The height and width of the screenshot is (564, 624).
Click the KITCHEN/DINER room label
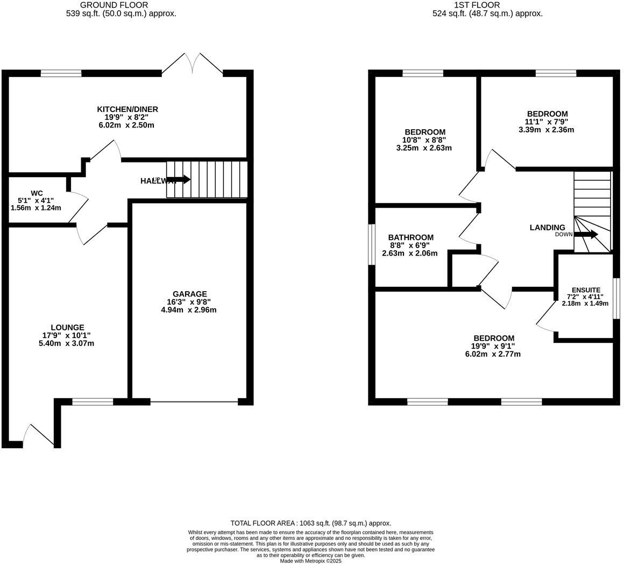[x=127, y=109]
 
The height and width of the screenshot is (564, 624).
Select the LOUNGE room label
[x=67, y=327]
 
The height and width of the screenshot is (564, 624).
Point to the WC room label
[x=37, y=193]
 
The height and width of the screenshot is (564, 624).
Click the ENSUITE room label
[x=586, y=290]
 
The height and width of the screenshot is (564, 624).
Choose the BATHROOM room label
[x=410, y=237]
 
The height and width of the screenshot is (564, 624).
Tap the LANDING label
[x=547, y=228]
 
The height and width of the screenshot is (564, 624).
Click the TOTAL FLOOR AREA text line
[x=310, y=523]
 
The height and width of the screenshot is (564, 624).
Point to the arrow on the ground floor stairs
[x=179, y=179]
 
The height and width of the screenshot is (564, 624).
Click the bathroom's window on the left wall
[x=371, y=245]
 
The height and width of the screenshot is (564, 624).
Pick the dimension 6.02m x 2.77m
[x=493, y=354]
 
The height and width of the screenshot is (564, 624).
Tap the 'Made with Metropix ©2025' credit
[x=310, y=561]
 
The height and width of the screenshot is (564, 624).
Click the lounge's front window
[x=93, y=401]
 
